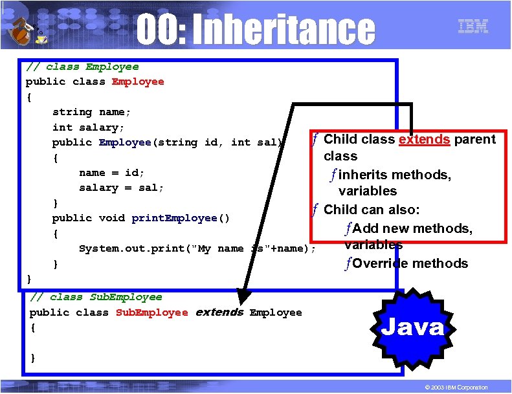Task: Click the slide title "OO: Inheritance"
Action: point(256,30)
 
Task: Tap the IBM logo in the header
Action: point(473,27)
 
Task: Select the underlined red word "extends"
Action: point(425,139)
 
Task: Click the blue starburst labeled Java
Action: point(412,327)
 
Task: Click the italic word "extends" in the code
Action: point(219,312)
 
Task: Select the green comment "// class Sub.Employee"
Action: point(96,297)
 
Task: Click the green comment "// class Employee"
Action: point(82,67)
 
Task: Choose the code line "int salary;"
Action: point(88,127)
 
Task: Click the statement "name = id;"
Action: point(111,173)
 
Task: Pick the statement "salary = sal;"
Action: point(121,188)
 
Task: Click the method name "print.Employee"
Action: point(174,218)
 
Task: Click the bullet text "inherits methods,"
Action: point(394,175)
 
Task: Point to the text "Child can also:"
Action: point(372,210)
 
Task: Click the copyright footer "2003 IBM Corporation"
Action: point(453,387)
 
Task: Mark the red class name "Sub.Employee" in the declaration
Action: point(151,312)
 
